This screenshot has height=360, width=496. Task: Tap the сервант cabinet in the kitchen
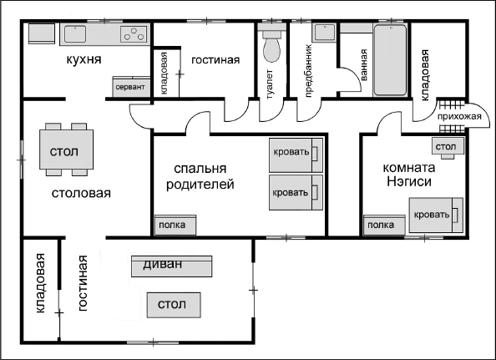(x=129, y=87)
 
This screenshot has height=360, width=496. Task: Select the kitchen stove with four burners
(x=133, y=34)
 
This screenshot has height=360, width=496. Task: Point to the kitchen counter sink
(x=73, y=34)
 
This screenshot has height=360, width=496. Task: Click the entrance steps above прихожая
(x=450, y=104)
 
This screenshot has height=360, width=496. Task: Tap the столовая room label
(x=81, y=193)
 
